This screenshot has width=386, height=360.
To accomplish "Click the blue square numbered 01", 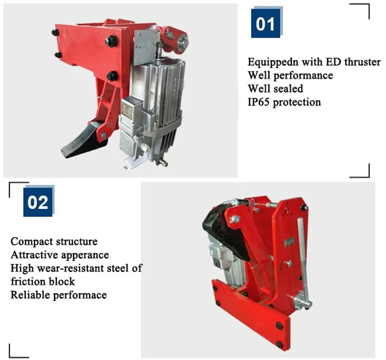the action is [x=266, y=23].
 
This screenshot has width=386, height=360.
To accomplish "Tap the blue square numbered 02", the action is [x=38, y=202].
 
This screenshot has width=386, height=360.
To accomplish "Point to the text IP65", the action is [x=258, y=102].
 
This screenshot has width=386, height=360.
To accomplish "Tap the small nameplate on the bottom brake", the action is [x=289, y=242].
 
